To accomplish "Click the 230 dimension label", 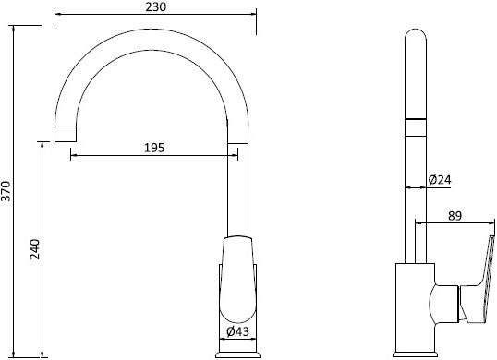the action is pos(155,7).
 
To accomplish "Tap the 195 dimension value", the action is pos(154,148).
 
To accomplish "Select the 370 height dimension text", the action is pos(6,191).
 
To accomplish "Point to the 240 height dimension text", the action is pos(35,249).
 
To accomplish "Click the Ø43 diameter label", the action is pos(237,331).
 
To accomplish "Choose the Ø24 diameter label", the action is pos(440,179).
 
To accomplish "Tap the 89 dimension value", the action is pos(455,216).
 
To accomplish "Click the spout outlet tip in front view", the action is pos(66,133).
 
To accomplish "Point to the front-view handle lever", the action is pos(237,279).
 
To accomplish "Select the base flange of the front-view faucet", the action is pos(237,354).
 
